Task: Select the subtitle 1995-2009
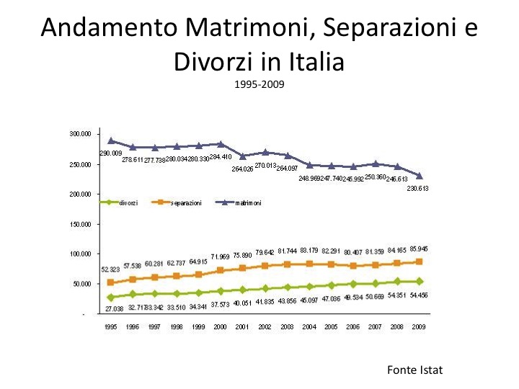(x=259, y=85)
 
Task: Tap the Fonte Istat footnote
(x=414, y=370)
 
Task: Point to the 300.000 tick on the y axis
(x=79, y=134)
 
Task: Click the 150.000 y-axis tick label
(x=79, y=224)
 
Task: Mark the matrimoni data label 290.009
(x=110, y=153)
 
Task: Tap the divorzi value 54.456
(x=420, y=295)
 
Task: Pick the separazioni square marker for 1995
(x=110, y=282)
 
